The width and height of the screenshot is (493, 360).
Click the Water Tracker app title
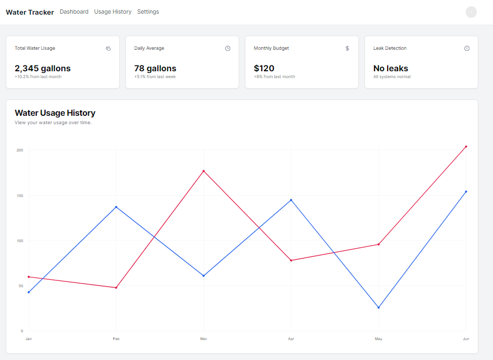pyautogui.click(x=29, y=12)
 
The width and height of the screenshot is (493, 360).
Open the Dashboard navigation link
pyautogui.click(x=74, y=12)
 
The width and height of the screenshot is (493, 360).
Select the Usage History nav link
pyautogui.click(x=113, y=12)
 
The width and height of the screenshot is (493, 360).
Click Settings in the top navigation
pyautogui.click(x=148, y=12)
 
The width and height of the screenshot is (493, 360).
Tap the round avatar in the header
pyautogui.click(x=471, y=12)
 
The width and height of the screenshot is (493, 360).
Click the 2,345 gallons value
pyautogui.click(x=42, y=68)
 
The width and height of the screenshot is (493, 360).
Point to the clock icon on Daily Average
pyautogui.click(x=228, y=48)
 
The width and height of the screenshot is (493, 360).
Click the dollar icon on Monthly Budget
pyautogui.click(x=347, y=48)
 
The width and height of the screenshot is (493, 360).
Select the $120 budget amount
pyautogui.click(x=264, y=68)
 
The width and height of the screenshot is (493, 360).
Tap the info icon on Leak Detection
pyautogui.click(x=467, y=48)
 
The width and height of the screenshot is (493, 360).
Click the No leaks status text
pyautogui.click(x=390, y=68)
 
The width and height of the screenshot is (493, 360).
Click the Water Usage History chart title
pyautogui.click(x=55, y=113)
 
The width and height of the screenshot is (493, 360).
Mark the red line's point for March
pyautogui.click(x=203, y=171)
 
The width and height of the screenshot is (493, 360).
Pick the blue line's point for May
pyautogui.click(x=378, y=308)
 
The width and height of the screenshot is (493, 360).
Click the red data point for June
pyautogui.click(x=466, y=147)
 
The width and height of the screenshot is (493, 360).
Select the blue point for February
pyautogui.click(x=116, y=207)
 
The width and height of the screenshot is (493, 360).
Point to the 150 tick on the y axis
pyautogui.click(x=20, y=195)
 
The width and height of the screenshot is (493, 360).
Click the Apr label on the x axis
pyautogui.click(x=291, y=339)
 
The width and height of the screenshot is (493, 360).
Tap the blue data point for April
pyautogui.click(x=291, y=200)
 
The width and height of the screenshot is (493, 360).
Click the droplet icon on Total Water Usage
pyautogui.click(x=108, y=48)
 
